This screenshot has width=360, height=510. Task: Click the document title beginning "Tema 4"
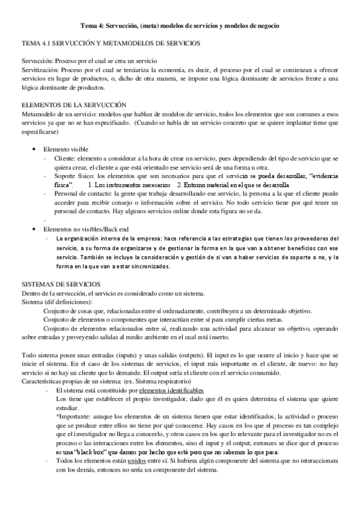[x=180, y=26]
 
